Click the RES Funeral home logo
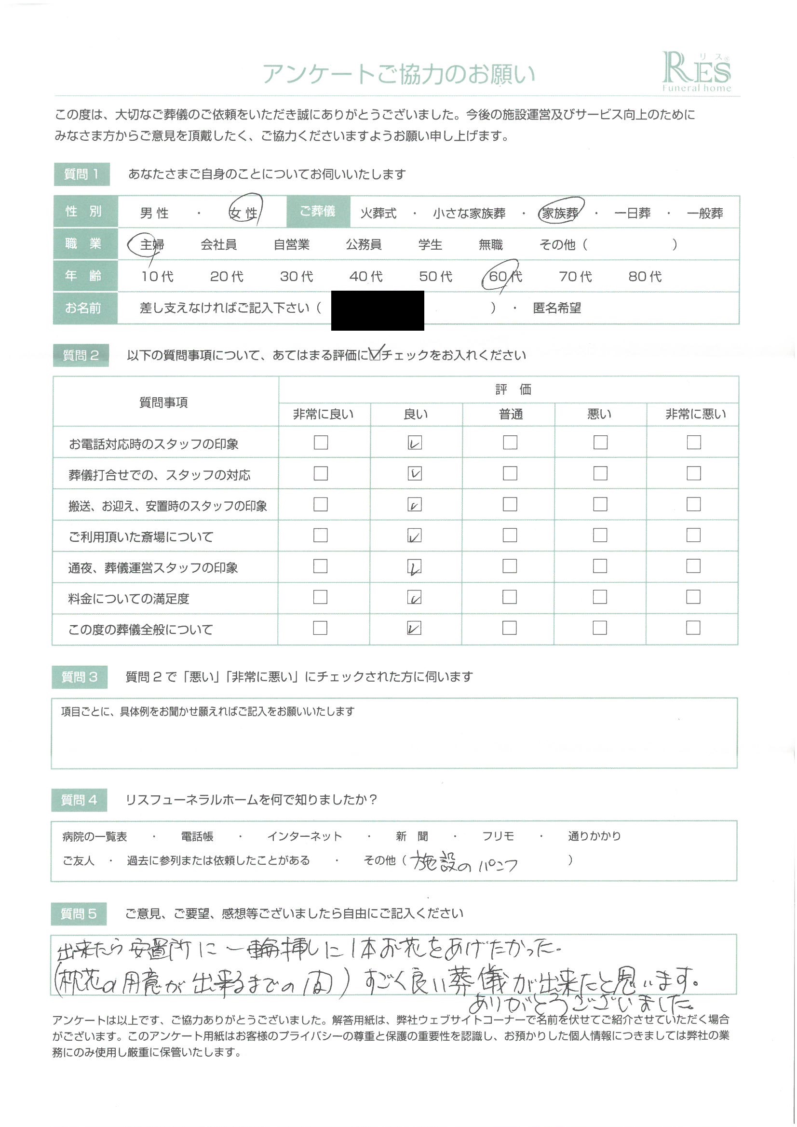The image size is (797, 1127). (x=696, y=73)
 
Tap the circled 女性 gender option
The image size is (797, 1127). (x=244, y=213)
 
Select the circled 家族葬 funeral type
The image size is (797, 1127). (x=560, y=213)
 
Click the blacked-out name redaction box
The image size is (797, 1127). (x=377, y=310)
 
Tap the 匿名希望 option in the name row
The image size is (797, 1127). (x=556, y=308)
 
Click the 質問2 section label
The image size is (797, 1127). (x=81, y=355)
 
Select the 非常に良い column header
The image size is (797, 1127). (x=323, y=415)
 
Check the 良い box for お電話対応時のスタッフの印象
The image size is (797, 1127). (x=415, y=443)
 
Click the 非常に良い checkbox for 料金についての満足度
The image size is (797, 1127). (x=320, y=597)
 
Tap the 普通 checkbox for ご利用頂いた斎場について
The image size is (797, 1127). (x=510, y=535)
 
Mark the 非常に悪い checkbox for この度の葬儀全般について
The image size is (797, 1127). (x=693, y=628)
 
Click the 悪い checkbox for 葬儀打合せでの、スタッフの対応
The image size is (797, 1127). (x=600, y=474)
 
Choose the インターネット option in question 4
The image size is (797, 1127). (x=304, y=836)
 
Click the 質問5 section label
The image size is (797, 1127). (x=79, y=914)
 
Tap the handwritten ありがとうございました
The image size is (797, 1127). (x=580, y=1003)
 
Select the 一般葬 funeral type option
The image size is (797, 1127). (x=705, y=214)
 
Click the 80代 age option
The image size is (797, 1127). (x=645, y=277)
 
